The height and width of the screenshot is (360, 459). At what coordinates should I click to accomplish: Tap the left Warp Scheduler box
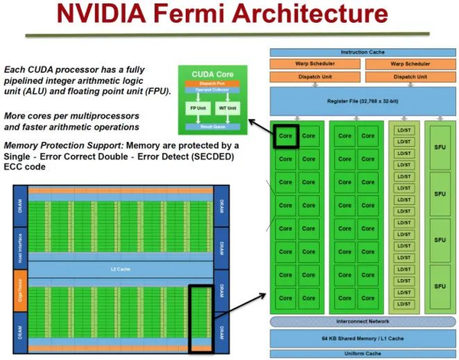pyautogui.click(x=315, y=63)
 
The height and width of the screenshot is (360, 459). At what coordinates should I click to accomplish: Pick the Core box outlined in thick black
pyautogui.click(x=285, y=135)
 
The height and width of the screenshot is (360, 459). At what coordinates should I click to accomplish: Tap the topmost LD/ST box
pyautogui.click(x=402, y=129)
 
